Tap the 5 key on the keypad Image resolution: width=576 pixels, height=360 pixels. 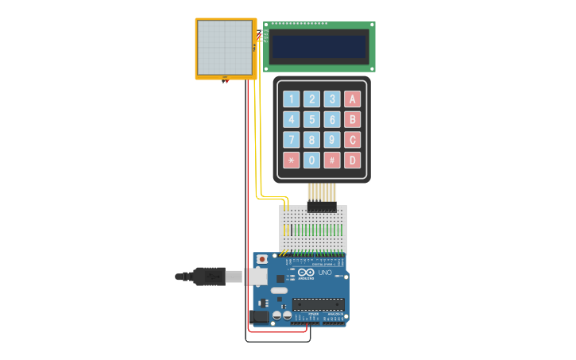click(x=312, y=119)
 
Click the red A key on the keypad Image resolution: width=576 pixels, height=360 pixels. click(x=352, y=99)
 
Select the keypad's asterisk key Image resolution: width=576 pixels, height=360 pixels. click(x=292, y=160)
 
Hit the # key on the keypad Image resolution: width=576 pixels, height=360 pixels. click(x=332, y=160)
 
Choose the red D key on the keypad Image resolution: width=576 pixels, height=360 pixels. click(x=352, y=160)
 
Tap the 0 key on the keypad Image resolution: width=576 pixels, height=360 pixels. click(x=312, y=160)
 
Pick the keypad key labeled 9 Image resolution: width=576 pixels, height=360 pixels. click(x=332, y=140)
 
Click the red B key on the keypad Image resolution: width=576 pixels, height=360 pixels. click(x=352, y=119)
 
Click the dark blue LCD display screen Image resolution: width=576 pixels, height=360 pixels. click(x=319, y=46)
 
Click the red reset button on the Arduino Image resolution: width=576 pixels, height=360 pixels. click(x=262, y=259)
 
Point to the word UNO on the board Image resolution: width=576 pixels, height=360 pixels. click(x=324, y=273)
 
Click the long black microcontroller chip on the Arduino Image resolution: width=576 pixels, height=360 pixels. click(x=318, y=304)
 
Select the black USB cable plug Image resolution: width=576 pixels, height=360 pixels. click(x=208, y=277)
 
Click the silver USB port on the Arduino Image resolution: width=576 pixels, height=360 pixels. click(x=256, y=277)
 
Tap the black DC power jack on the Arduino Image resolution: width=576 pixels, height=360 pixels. click(x=259, y=315)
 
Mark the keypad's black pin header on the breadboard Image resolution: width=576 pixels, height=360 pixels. click(x=322, y=207)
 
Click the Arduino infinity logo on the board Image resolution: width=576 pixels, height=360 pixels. click(x=307, y=273)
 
